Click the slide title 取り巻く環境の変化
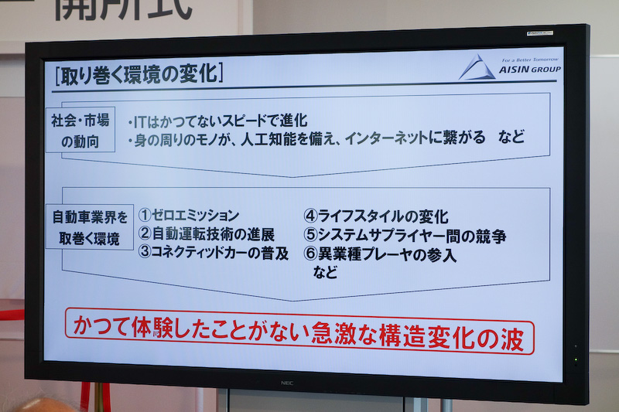(x=137, y=74)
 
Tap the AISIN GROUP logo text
(x=531, y=70)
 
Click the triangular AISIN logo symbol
(x=477, y=67)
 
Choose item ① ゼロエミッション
(x=190, y=216)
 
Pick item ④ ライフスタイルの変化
(x=377, y=216)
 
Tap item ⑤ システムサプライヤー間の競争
(x=405, y=236)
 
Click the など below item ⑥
(x=325, y=272)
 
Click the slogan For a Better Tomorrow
(x=529, y=60)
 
